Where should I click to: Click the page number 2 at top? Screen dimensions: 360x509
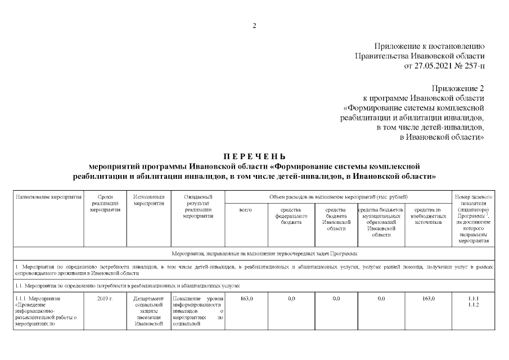pyautogui.click(x=254, y=26)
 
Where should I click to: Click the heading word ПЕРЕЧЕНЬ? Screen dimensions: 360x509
pyautogui.click(x=254, y=156)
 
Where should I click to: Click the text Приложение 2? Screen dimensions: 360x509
pyautogui.click(x=458, y=88)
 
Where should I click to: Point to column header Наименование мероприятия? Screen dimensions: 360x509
pyautogui.click(x=48, y=197)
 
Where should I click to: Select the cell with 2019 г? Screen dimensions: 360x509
pyautogui.click(x=105, y=298)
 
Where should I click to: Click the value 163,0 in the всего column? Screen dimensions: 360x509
pyautogui.click(x=246, y=298)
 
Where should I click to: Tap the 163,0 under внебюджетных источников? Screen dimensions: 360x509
pyautogui.click(x=429, y=298)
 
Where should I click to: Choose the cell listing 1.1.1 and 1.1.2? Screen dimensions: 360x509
pyautogui.click(x=473, y=301)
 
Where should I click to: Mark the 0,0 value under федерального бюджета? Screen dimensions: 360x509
pyautogui.click(x=291, y=298)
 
